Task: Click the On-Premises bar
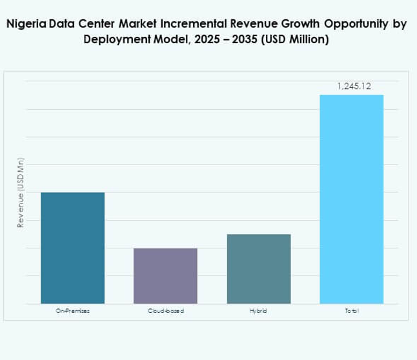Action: tap(72, 248)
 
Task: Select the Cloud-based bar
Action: tap(165, 275)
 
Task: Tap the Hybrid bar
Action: tap(258, 268)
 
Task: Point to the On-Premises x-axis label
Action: tap(72, 311)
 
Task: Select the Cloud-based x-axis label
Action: tap(165, 311)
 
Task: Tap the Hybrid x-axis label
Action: tap(258, 311)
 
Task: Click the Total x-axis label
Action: tap(352, 311)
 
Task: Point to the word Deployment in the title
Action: tap(114, 39)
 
